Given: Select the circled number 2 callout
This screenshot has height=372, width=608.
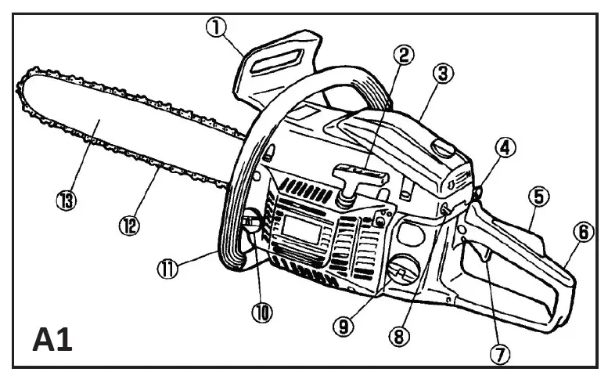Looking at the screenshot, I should coord(404,55).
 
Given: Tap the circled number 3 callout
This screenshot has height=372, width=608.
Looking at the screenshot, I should coord(443,74).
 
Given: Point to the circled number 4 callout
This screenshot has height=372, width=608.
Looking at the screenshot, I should coord(506,146).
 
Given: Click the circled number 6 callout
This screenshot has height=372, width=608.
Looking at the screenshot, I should coord(580,233).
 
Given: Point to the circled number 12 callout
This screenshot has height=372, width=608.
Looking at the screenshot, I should coord(129,226).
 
